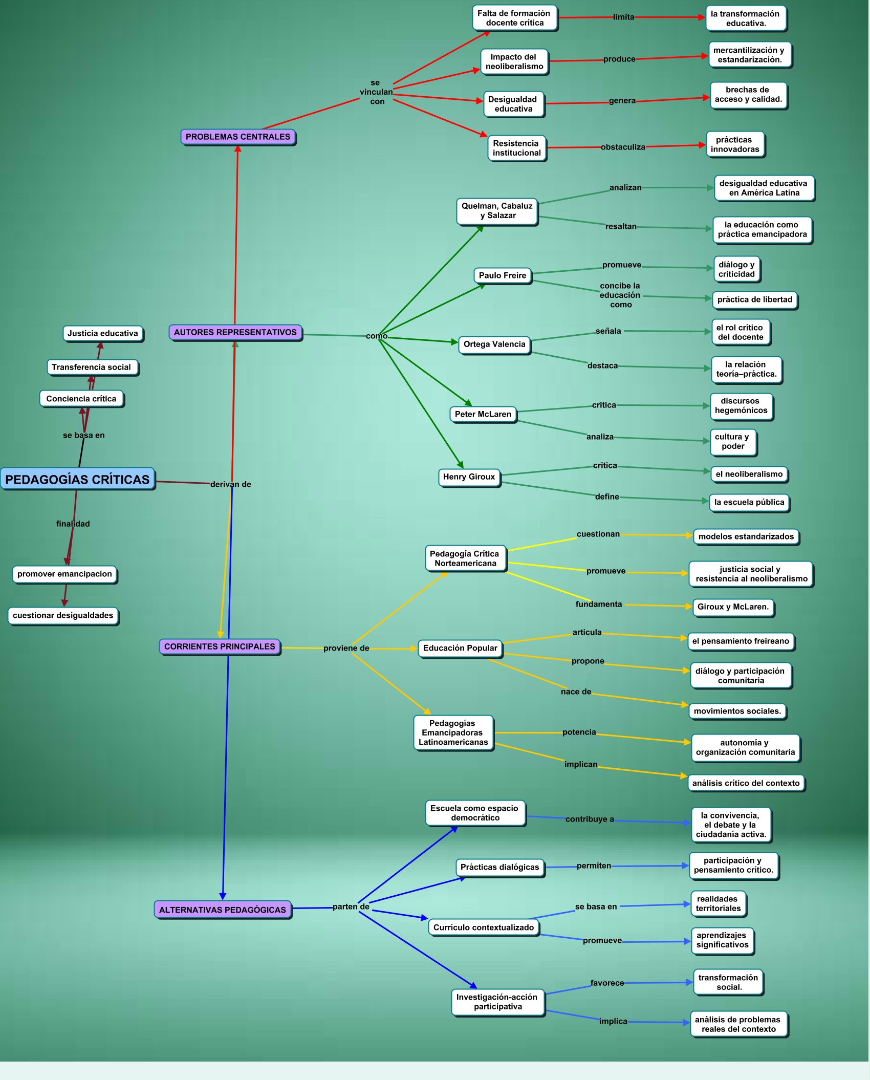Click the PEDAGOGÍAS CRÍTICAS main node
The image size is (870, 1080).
[77, 479]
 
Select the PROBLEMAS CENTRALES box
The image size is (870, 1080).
[238, 137]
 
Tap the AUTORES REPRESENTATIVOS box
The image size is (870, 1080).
[235, 332]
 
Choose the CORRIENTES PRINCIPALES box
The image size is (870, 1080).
[220, 646]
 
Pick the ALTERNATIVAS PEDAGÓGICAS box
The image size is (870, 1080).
[223, 910]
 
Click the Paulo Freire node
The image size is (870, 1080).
[502, 275]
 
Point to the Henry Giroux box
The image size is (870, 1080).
[469, 477]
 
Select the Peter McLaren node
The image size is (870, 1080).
[483, 414]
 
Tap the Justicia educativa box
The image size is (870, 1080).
[103, 333]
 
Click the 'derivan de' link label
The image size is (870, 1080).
[231, 484]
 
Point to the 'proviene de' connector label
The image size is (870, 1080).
[346, 648]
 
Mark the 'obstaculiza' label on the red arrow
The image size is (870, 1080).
[623, 147]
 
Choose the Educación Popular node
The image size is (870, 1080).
[460, 648]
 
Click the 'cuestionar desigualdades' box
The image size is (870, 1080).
[63, 615]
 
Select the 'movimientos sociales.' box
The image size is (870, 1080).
[737, 711]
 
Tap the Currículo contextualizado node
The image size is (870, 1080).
[484, 927]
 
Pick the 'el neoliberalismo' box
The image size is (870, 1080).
[749, 474]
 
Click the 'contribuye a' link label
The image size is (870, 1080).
[590, 819]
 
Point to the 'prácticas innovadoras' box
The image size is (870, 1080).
[735, 144]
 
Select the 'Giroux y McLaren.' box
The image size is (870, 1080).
[733, 607]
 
